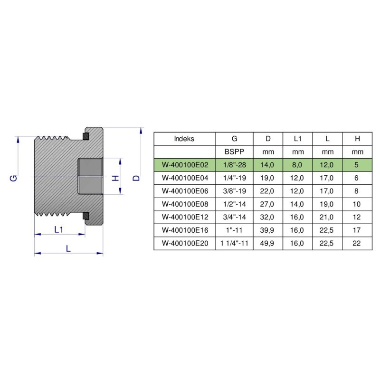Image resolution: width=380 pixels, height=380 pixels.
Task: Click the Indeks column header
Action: point(184,139)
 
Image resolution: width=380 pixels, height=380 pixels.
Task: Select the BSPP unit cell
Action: point(235,152)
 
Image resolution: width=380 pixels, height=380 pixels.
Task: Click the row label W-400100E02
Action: point(184,165)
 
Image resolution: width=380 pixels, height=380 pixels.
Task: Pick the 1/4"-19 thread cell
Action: point(235,178)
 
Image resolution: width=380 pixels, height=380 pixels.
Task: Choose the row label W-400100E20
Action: point(184,243)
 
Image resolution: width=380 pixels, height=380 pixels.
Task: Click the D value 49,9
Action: point(268,243)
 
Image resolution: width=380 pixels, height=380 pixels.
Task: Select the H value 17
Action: point(357,230)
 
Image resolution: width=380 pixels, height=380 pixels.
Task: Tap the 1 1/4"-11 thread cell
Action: point(235,243)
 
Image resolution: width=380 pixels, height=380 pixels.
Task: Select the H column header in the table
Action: point(357,139)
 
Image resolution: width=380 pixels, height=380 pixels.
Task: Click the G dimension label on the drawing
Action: point(14,178)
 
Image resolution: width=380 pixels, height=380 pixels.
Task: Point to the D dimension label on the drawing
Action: point(136,178)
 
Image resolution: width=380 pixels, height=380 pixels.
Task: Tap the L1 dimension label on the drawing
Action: point(59,229)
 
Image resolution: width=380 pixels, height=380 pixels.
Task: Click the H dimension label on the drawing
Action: point(114,178)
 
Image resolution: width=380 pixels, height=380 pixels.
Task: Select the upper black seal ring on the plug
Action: point(85,137)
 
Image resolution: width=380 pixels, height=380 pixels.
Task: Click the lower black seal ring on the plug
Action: point(85,216)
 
